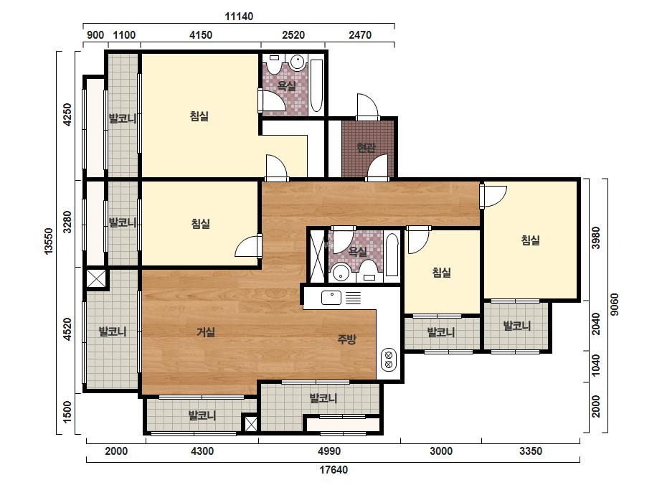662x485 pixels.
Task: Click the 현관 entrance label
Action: click(366, 148)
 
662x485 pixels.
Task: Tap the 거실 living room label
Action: click(206, 332)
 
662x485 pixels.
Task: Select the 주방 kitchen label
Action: click(346, 339)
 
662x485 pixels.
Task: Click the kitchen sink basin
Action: click(331, 298)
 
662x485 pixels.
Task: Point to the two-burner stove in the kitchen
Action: click(389, 359)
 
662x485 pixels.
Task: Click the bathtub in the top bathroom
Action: click(316, 86)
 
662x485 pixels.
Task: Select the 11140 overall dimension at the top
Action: click(239, 17)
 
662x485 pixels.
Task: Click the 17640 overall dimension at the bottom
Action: click(334, 470)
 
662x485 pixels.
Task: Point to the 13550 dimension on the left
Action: click(49, 241)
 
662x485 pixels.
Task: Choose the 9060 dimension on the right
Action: click(615, 305)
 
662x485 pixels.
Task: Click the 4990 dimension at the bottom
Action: click(329, 451)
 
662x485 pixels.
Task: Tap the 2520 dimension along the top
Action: click(293, 34)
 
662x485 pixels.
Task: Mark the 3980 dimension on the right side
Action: click(596, 238)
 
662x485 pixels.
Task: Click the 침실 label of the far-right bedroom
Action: click(530, 240)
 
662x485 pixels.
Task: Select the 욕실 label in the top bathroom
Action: click(286, 86)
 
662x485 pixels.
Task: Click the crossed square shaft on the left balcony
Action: click(96, 279)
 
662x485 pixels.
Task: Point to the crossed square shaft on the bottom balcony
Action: click(251, 424)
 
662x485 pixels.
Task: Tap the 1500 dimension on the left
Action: click(67, 412)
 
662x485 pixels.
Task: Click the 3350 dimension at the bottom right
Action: click(531, 451)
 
